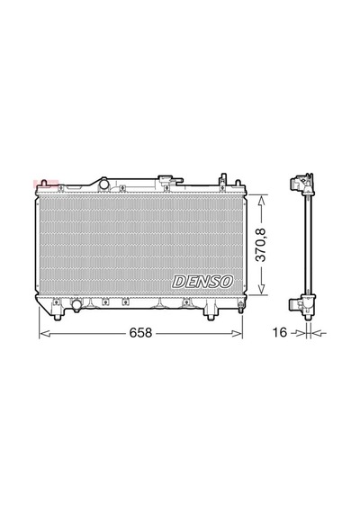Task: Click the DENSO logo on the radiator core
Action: tap(202, 282)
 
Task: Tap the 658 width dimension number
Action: tap(140, 333)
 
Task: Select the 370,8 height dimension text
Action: tap(261, 245)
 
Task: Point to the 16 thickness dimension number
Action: tap(280, 332)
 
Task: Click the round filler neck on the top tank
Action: tap(104, 184)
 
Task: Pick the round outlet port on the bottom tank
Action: tap(77, 305)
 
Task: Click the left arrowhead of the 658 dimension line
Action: tap(44, 333)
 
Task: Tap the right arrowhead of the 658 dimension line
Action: tap(237, 333)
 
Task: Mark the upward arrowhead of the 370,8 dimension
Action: tap(261, 200)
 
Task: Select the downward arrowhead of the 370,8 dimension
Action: tap(261, 289)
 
